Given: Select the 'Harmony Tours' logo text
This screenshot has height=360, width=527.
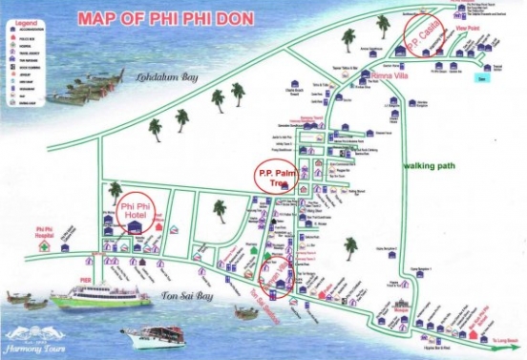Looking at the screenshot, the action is pyautogui.click(x=36, y=334).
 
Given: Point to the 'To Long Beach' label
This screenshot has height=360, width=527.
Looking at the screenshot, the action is pyautogui.click(x=506, y=337).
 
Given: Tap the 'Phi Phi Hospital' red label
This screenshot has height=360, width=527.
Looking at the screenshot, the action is pyautogui.click(x=44, y=232).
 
